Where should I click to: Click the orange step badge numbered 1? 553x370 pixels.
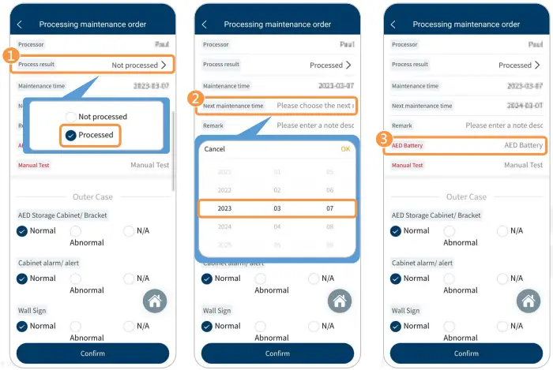coord(9,56)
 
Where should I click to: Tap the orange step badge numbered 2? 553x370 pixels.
coord(196,98)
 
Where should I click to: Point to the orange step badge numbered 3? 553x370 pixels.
coord(384,139)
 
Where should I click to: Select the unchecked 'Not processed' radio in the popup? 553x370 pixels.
coord(71,117)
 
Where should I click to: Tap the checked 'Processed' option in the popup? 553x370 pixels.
coord(71,135)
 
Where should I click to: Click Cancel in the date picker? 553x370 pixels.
coord(215,148)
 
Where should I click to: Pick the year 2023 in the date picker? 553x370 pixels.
coord(225,208)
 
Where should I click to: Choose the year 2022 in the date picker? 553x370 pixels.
coord(225,190)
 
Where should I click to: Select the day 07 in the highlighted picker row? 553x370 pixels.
coord(329,208)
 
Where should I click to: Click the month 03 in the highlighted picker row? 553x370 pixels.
coord(277,208)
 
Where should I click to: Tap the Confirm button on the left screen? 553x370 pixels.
coord(92,353)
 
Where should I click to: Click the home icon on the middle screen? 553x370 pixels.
coord(340,301)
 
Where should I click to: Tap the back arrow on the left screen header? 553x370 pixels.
coord(20,24)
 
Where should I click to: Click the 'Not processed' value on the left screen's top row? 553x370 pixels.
coord(135,65)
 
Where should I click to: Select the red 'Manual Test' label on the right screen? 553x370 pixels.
coord(407,165)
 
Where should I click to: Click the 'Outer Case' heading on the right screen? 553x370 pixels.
coord(466,196)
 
